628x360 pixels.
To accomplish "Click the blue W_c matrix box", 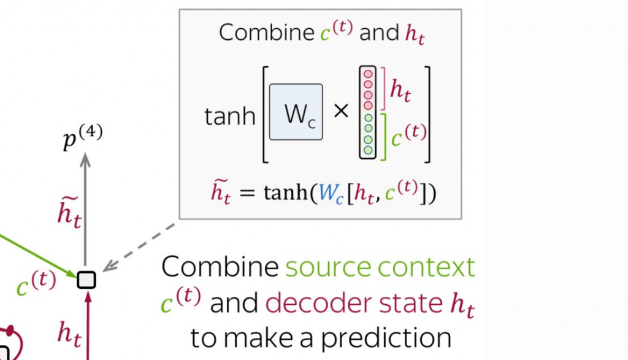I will [296, 112].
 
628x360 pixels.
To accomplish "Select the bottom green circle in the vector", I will [368, 150].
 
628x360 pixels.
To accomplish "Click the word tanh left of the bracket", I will [229, 115].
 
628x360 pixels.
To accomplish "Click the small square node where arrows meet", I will [86, 280].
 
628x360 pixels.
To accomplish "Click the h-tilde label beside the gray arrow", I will [69, 212].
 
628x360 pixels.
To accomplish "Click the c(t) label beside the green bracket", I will [408, 134].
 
